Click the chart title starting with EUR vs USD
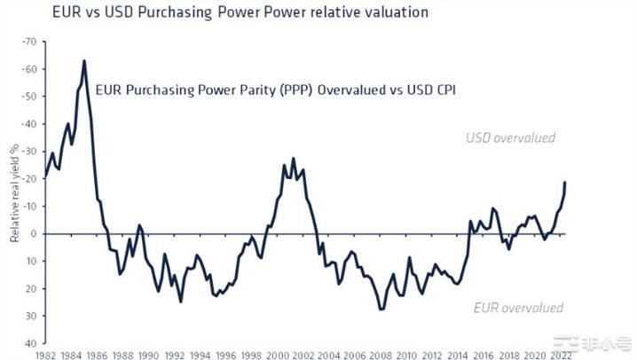tap(202, 13)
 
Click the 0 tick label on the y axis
tap(35, 234)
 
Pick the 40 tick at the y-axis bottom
tap(32, 343)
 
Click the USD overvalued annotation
tap(510, 137)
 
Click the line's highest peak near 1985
tap(84, 61)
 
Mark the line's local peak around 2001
tap(294, 159)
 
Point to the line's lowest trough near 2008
tap(381, 309)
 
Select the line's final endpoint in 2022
tap(565, 183)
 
